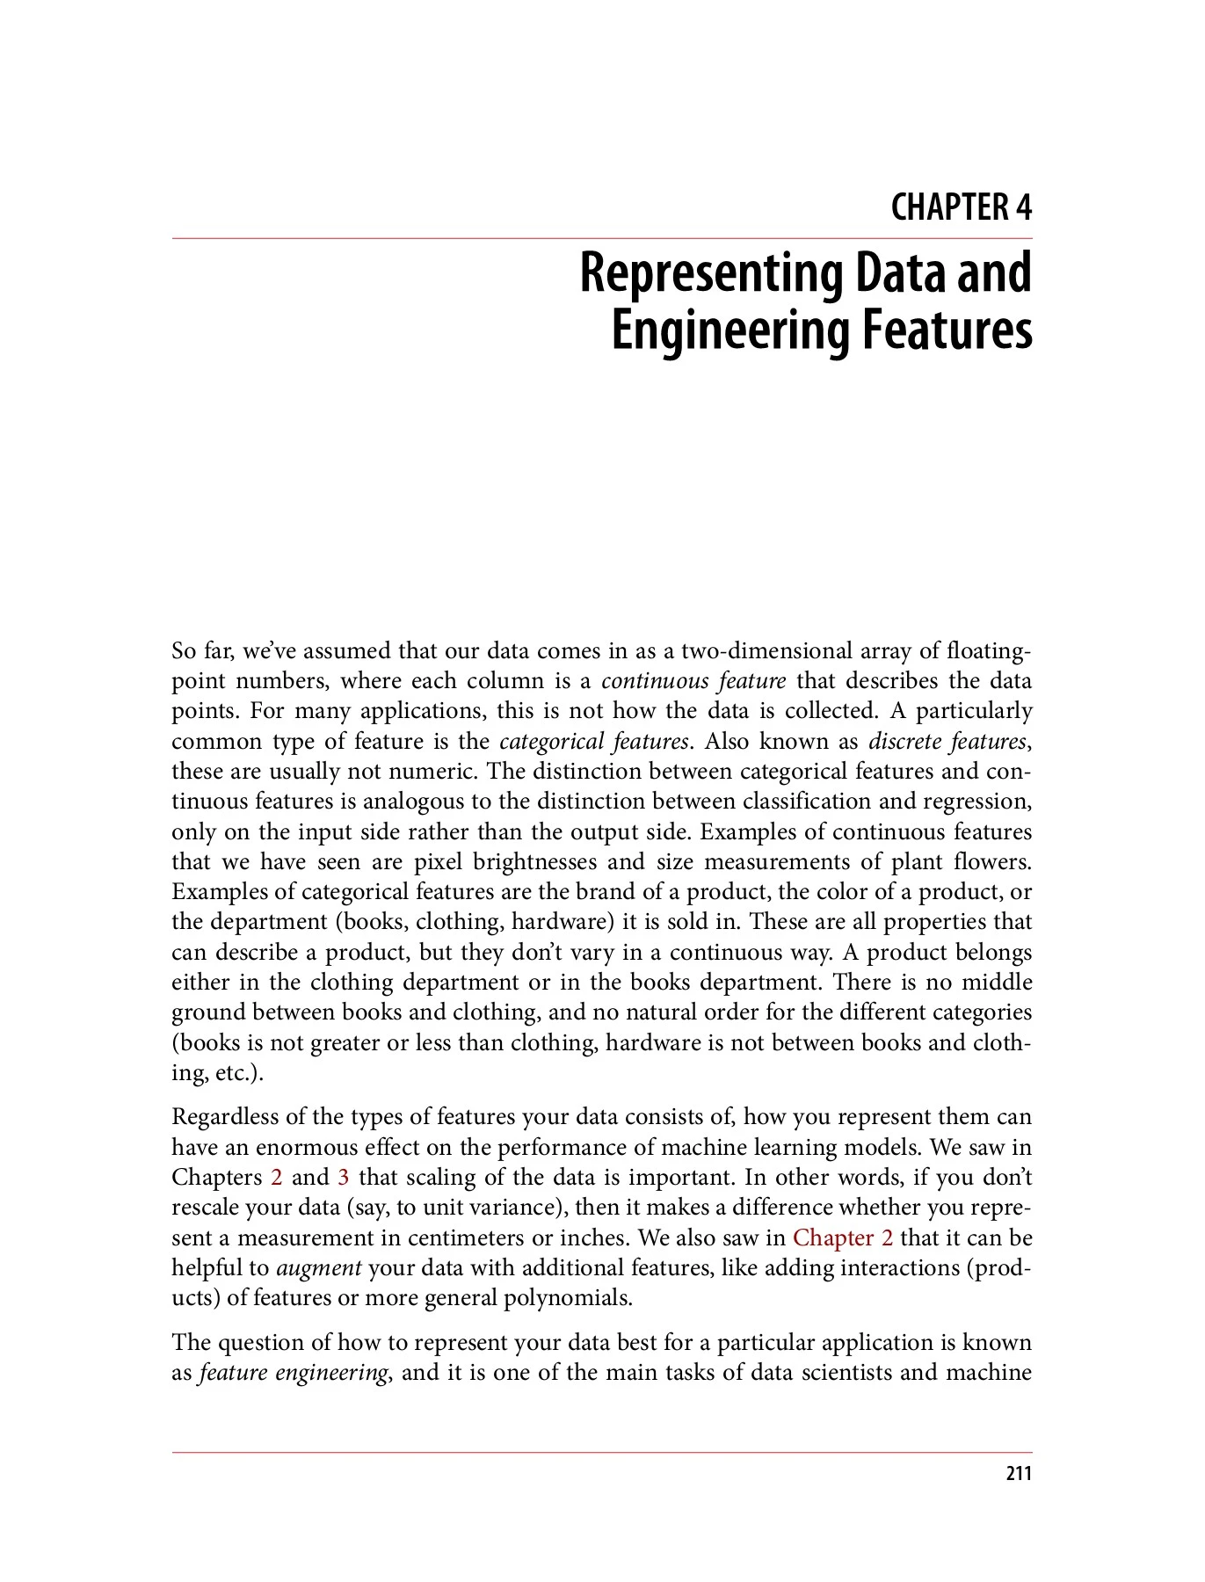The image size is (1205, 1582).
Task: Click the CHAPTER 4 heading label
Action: coord(961,208)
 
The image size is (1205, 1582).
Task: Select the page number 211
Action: coord(1018,1474)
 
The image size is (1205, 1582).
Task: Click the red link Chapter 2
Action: coord(843,1238)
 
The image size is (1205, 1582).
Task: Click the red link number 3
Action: coord(344,1178)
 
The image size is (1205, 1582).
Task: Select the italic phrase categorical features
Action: coord(593,742)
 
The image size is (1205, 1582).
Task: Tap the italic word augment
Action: coord(319,1268)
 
